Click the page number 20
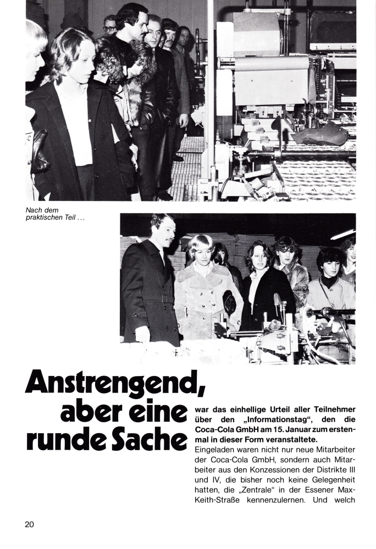[29, 524]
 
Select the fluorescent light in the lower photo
[342, 234]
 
